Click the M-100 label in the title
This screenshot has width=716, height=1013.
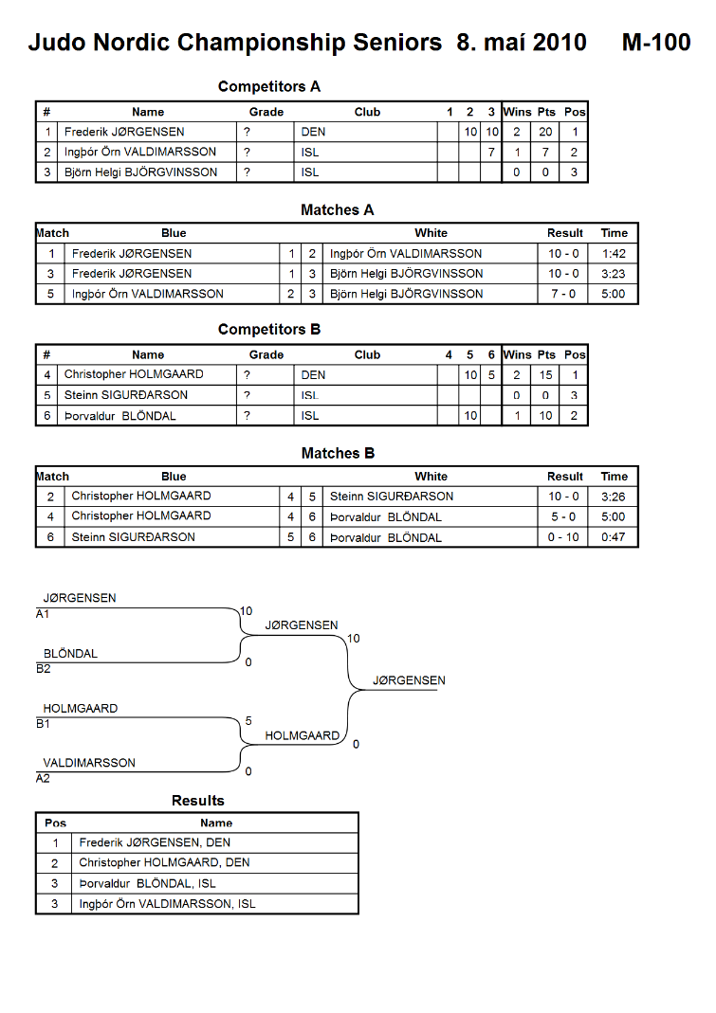pyautogui.click(x=656, y=43)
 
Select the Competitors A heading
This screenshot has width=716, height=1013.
pyautogui.click(x=269, y=86)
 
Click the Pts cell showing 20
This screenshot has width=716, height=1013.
pyautogui.click(x=545, y=132)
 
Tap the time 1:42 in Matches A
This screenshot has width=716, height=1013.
pyautogui.click(x=614, y=254)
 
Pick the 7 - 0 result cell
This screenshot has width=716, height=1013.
pyautogui.click(x=563, y=294)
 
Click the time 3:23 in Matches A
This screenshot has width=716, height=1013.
pyautogui.click(x=614, y=274)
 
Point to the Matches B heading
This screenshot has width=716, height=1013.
pyautogui.click(x=338, y=454)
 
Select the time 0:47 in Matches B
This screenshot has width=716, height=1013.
pyautogui.click(x=614, y=537)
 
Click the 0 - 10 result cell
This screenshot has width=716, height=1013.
pyautogui.click(x=563, y=537)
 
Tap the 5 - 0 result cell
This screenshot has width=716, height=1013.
pyautogui.click(x=563, y=516)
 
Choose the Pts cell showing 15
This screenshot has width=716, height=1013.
pyautogui.click(x=545, y=374)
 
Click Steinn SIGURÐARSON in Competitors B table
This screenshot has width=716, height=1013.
pyautogui.click(x=126, y=395)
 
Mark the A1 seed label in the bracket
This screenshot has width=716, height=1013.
pyautogui.click(x=43, y=614)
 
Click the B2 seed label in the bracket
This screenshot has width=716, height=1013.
pyautogui.click(x=44, y=669)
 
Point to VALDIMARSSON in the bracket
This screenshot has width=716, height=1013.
pyautogui.click(x=89, y=763)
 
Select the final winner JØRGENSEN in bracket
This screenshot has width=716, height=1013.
pyautogui.click(x=409, y=680)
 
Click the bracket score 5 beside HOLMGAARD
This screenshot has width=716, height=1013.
pyautogui.click(x=248, y=721)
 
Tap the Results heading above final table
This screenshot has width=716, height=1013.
pyautogui.click(x=198, y=801)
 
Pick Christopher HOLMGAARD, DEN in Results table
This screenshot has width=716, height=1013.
pyautogui.click(x=164, y=862)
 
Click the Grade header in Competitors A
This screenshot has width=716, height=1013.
pyautogui.click(x=266, y=112)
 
